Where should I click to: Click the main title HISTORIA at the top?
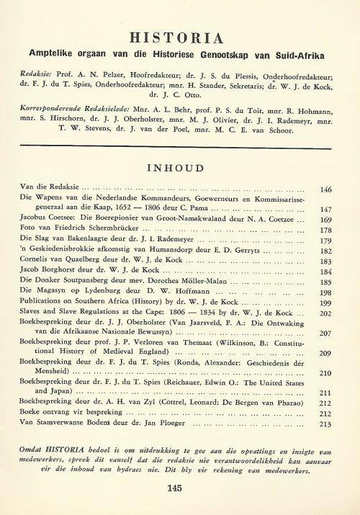(181, 37)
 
